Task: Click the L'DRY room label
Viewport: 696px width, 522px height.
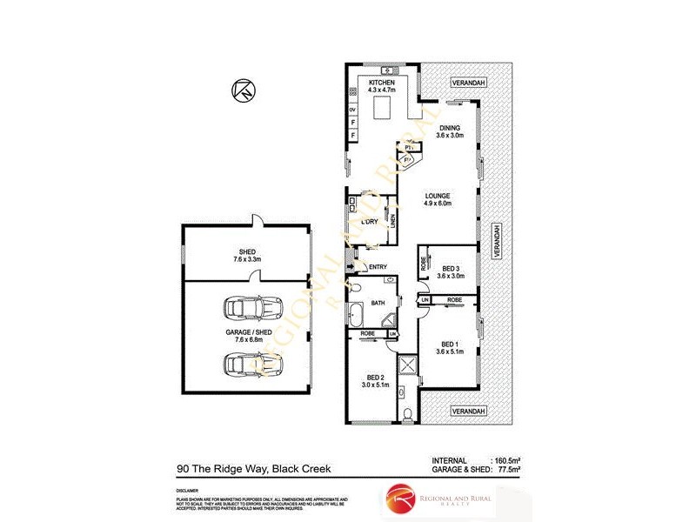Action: click(x=369, y=222)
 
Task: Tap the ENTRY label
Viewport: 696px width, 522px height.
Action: click(x=378, y=267)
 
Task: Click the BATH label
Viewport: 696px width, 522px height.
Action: click(x=378, y=303)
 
